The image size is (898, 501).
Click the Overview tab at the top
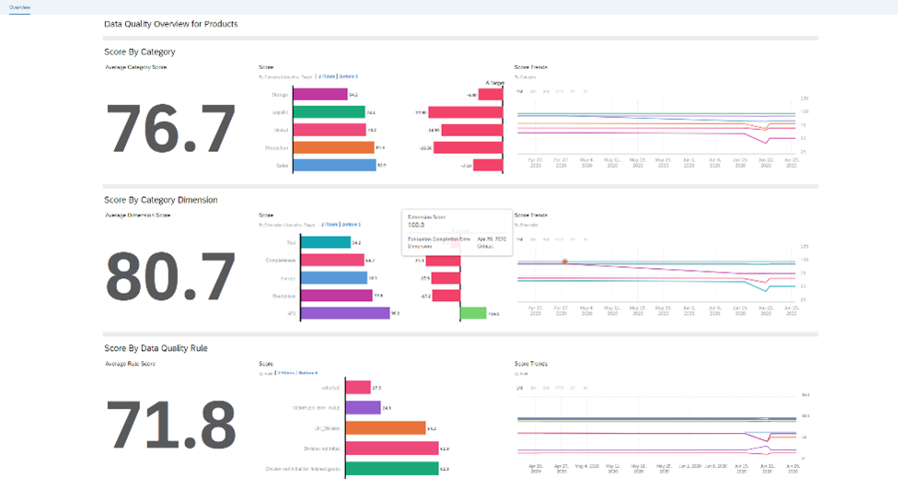point(20,7)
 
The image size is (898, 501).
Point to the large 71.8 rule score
point(171,425)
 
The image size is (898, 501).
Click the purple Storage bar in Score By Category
point(320,94)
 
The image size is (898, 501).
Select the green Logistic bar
point(329,112)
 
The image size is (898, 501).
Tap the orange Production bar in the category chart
point(334,147)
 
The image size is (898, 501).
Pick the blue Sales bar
point(335,165)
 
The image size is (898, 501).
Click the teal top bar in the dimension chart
point(326,242)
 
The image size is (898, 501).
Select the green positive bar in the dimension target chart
point(473,313)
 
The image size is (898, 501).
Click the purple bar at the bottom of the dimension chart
point(345,313)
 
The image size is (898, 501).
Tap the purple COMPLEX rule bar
point(363,408)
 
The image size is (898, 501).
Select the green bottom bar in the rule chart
point(392,468)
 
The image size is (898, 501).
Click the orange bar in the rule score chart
point(386,428)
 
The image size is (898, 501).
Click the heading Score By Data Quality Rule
point(156,348)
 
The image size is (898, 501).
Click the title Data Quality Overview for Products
point(171,24)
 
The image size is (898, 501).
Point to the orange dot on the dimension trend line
point(565,261)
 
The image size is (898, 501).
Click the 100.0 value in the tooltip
point(416,225)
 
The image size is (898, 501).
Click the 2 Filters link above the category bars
point(326,76)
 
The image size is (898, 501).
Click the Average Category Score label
point(136,67)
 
